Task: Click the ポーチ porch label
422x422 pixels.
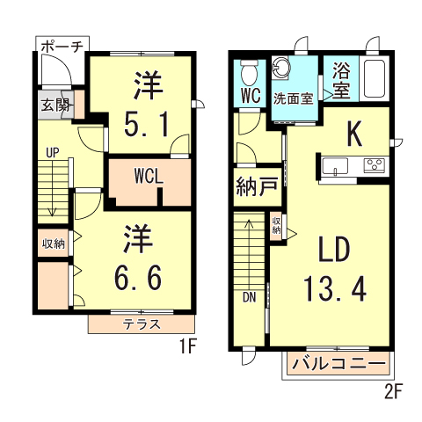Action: pos(61,47)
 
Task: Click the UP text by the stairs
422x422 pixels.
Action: pos(53,152)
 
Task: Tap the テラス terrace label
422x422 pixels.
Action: pos(141,324)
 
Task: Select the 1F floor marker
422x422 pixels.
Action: pos(182,348)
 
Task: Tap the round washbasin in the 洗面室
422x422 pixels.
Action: pos(283,69)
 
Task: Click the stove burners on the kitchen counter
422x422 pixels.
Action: pos(375,164)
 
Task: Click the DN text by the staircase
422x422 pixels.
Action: pos(249,296)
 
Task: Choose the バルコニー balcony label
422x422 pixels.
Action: pos(338,363)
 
